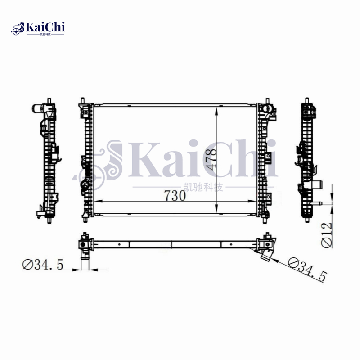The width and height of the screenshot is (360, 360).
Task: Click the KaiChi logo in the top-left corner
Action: tap(38, 28)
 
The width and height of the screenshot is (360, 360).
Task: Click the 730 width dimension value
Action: tap(175, 196)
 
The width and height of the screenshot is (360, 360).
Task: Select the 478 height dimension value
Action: tap(211, 159)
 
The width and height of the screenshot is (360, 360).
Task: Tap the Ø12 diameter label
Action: tap(327, 235)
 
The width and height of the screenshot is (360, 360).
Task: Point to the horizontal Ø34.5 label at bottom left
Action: tap(43, 265)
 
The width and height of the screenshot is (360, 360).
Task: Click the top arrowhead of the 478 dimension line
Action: tap(216, 112)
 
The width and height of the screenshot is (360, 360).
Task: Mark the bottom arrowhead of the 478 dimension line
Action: tap(216, 209)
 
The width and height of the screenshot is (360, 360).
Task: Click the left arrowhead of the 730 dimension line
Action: tap(98, 201)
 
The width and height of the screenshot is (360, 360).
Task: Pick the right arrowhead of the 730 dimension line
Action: tap(252, 201)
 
